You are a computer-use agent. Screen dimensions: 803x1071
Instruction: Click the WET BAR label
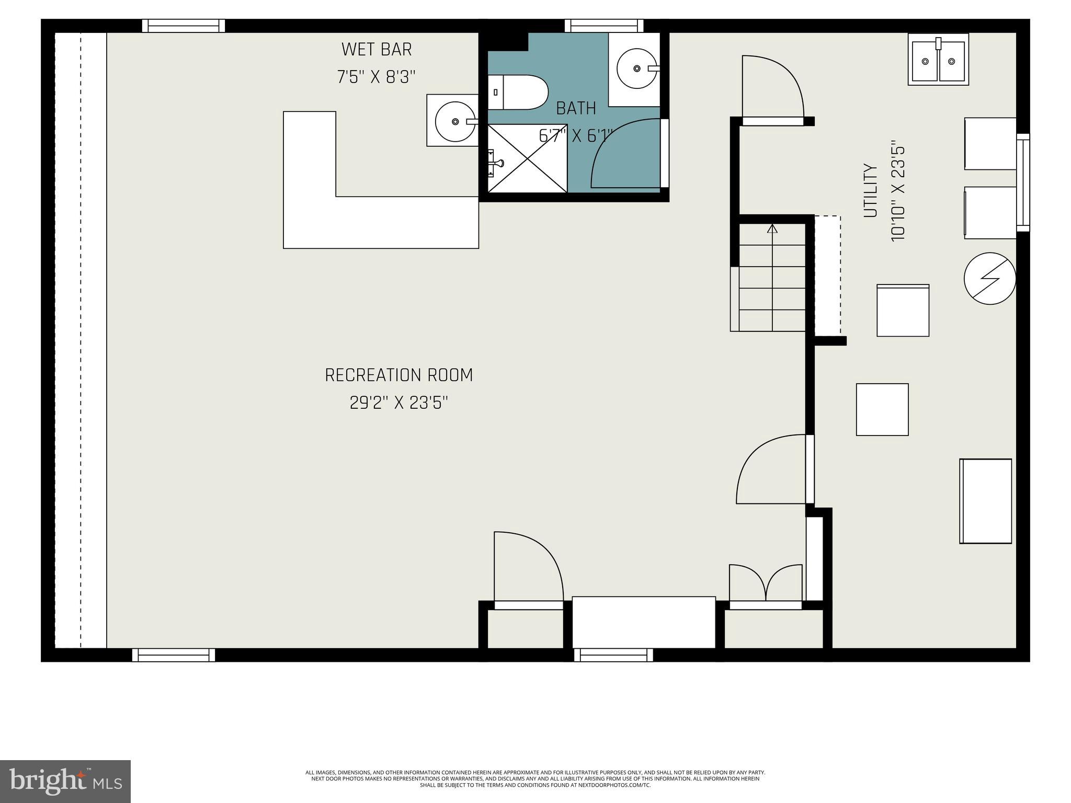[377, 50]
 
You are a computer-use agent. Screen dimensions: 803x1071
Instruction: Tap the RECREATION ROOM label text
[398, 375]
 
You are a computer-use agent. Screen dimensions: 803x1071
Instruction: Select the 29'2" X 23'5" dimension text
[398, 403]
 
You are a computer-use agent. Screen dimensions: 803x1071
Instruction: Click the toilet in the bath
[518, 93]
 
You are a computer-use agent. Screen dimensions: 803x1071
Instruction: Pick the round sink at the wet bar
[455, 121]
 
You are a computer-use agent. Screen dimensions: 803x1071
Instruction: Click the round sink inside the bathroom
[636, 68]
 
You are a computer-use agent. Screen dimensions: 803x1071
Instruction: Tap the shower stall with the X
[527, 158]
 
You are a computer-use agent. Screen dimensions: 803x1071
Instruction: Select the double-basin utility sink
[938, 60]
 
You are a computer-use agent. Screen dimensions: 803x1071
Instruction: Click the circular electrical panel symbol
[989, 278]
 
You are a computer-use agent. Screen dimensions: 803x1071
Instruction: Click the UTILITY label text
[870, 191]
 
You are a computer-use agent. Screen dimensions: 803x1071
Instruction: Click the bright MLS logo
[65, 781]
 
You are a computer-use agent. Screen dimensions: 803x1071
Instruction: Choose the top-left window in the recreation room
[184, 26]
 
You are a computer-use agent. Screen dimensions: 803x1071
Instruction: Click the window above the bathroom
[604, 26]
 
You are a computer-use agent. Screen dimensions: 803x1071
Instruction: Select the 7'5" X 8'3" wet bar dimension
[377, 77]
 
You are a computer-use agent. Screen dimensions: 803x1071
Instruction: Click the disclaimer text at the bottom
[535, 778]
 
